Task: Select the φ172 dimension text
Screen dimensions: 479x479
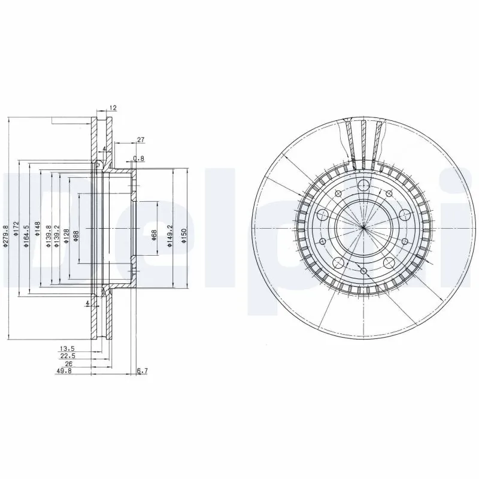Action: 17,230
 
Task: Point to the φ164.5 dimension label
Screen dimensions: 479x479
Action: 27,234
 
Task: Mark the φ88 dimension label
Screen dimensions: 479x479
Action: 77,234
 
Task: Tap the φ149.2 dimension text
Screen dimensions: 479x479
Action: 170,235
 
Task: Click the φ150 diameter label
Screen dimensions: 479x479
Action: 183,235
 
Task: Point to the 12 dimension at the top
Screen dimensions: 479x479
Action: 113,108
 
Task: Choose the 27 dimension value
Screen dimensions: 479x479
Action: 141,140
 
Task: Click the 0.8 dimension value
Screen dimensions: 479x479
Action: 138,159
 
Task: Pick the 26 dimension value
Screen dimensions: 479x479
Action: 69,363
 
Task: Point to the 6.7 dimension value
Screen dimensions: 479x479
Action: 142,371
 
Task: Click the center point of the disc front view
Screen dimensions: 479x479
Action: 363,227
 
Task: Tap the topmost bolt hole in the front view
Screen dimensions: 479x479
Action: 363,184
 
